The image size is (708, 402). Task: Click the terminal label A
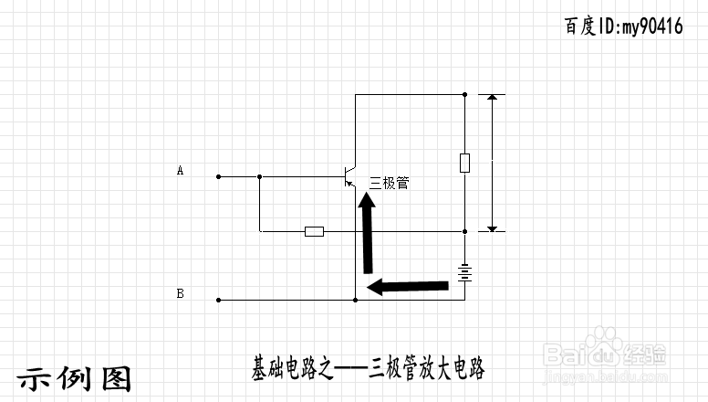180,170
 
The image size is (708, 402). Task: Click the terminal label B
180,293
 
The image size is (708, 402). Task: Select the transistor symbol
348,175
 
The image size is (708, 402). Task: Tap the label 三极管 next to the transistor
389,183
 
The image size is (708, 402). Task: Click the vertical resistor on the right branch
465,164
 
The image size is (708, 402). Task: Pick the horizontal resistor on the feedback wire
314,231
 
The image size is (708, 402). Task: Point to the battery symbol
465,272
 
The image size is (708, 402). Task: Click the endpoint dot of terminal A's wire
218,175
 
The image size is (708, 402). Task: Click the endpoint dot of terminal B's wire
218,300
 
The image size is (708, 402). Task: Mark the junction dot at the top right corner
465,93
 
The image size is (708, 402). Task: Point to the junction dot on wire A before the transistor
260,175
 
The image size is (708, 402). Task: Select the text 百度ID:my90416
623,26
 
